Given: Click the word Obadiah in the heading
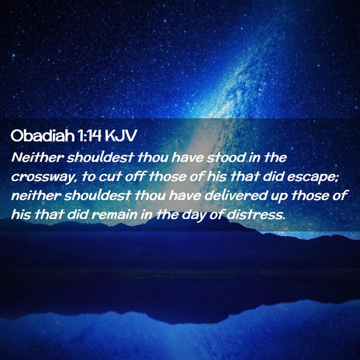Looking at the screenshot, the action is (43, 136).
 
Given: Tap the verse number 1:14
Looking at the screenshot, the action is (89, 136).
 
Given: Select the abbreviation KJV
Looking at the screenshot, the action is (121, 136).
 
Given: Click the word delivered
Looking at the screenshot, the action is (236, 195).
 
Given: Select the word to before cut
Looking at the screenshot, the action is (88, 177).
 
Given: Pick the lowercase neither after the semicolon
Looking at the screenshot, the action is (36, 195).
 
